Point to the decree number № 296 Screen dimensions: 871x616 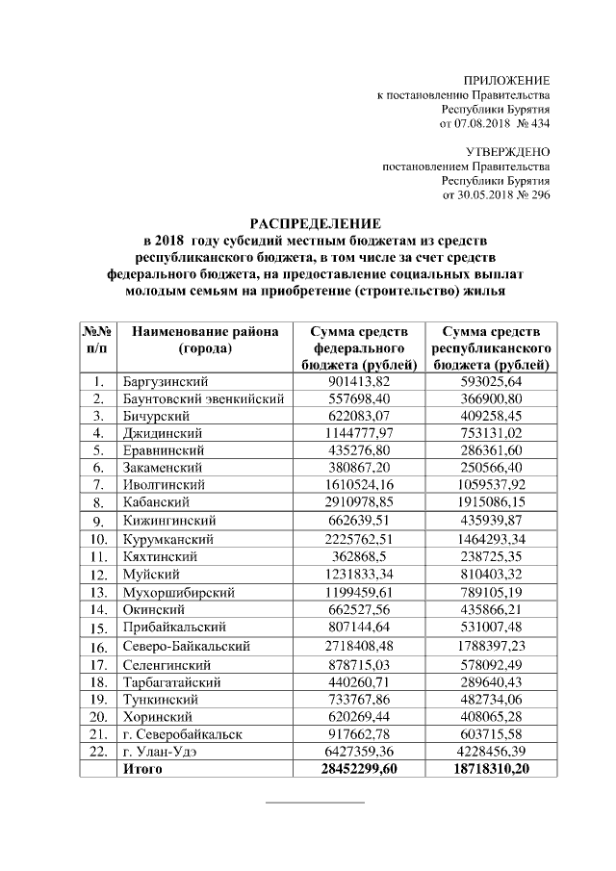[x=532, y=195]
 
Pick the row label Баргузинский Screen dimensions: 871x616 [x=165, y=382]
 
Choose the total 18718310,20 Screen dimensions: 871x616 [x=492, y=769]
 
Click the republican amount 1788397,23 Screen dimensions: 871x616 [x=492, y=648]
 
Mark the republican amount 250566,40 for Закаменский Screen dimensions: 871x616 [x=492, y=467]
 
